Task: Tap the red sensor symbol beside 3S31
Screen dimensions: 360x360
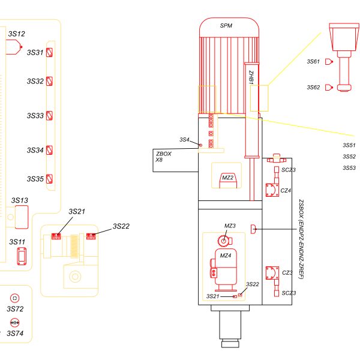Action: [50, 52]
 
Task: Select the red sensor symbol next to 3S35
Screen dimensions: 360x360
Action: [50, 179]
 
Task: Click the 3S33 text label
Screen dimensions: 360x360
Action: [35, 115]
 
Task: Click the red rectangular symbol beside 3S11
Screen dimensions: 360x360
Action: [20, 257]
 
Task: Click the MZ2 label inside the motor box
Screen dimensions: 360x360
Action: [227, 178]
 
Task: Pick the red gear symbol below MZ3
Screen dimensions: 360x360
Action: [224, 241]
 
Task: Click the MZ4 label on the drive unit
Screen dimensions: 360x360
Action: [226, 256]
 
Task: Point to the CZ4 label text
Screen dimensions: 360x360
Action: [286, 190]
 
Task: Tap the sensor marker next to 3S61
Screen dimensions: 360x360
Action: [328, 61]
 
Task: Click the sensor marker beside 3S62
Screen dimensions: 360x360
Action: [328, 87]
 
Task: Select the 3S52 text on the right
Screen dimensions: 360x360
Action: [349, 157]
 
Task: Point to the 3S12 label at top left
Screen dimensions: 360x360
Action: [17, 34]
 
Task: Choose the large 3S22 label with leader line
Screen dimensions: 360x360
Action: [121, 226]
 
